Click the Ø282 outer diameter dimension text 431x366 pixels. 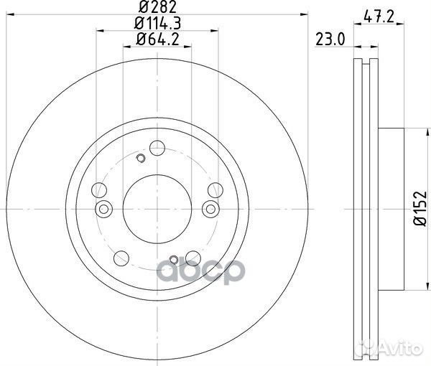click(157, 7)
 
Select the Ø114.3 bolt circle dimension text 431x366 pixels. click(157, 23)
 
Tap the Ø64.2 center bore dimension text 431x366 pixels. click(158, 39)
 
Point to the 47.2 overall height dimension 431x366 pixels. click(379, 17)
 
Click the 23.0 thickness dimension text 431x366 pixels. click(330, 39)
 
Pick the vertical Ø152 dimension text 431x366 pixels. click(420, 208)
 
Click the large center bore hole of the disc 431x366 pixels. click(157, 209)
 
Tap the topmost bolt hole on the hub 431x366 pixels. click(157, 148)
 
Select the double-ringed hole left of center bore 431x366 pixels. click(103, 209)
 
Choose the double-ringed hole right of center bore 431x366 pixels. click(210, 209)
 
